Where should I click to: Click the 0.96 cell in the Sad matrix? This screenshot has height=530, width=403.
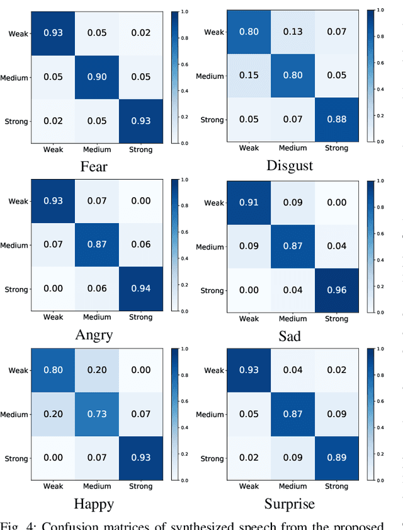[x=336, y=291]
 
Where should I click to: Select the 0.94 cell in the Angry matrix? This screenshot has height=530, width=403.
[x=140, y=289]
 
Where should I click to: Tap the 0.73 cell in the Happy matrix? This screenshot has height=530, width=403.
[x=97, y=414]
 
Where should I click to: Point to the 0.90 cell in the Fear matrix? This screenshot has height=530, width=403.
[x=97, y=77]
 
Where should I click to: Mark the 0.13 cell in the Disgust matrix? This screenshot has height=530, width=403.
[x=293, y=32]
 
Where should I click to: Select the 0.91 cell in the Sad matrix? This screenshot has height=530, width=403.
[x=249, y=203]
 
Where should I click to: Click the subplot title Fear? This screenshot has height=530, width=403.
[x=94, y=167]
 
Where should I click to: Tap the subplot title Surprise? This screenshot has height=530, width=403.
[x=290, y=504]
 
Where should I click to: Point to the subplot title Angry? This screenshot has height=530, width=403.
[x=94, y=335]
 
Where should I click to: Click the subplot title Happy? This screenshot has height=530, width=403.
[x=94, y=504]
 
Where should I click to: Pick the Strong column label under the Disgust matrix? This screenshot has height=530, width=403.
[x=336, y=148]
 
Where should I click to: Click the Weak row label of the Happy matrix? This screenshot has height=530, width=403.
[x=18, y=371]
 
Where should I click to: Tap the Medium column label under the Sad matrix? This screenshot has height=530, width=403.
[x=293, y=319]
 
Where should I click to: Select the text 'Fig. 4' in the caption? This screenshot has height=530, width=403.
[x=20, y=525]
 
